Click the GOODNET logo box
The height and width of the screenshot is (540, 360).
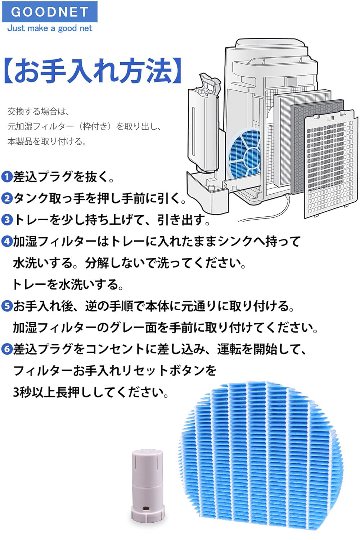click(50, 12)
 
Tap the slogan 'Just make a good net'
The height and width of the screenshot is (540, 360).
click(50, 28)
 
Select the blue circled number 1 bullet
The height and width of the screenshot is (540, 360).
click(7, 177)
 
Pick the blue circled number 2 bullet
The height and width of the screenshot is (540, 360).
click(7, 198)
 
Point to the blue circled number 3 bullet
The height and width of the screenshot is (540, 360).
click(7, 220)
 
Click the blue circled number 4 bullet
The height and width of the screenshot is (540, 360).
click(7, 241)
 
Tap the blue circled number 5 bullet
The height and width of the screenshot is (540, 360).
click(7, 306)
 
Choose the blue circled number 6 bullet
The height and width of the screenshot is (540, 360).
click(7, 349)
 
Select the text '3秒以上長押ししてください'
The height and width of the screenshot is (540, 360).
click(91, 392)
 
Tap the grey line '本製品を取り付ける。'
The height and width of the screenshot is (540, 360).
click(47, 141)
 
